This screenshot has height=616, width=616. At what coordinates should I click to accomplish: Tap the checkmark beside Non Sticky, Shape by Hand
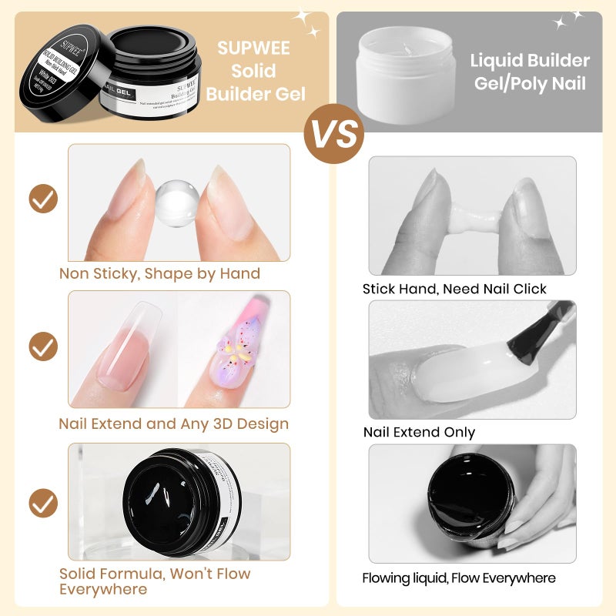(43, 199)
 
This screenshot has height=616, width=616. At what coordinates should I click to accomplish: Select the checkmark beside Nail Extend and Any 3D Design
(43, 346)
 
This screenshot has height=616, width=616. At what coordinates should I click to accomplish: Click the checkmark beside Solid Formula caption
(43, 503)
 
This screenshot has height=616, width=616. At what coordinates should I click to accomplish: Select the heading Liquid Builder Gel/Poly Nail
(531, 72)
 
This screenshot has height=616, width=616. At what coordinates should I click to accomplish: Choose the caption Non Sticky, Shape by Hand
(159, 273)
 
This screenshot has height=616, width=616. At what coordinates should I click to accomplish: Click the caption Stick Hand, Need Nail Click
(454, 289)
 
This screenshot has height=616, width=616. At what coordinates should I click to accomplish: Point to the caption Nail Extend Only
(419, 432)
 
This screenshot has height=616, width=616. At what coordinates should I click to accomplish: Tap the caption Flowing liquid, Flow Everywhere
(459, 577)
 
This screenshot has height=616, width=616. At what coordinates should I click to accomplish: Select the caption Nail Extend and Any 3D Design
(174, 423)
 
